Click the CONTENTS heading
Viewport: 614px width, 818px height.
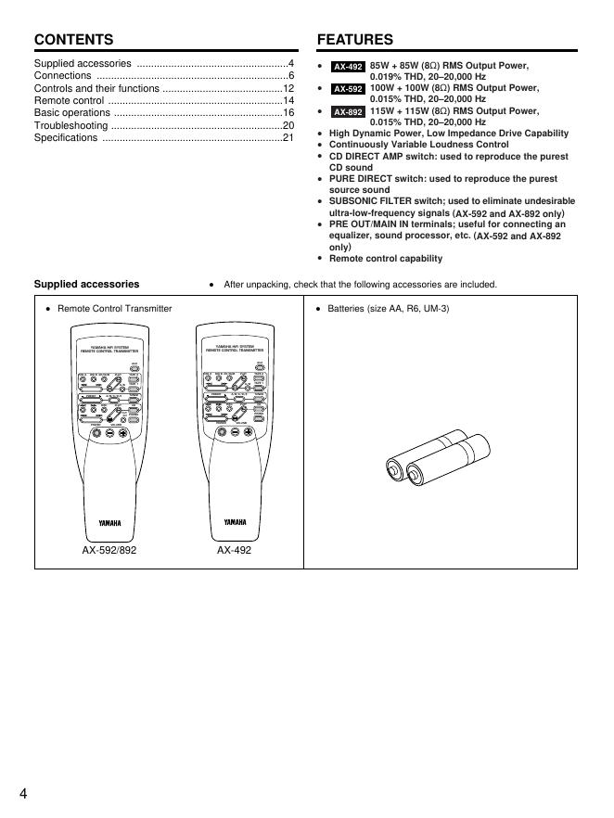pos(73,40)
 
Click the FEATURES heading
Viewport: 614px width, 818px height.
pos(354,40)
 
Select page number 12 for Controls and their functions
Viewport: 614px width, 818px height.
pos(288,88)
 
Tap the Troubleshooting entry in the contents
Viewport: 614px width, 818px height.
pos(70,125)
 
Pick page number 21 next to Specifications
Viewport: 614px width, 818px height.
pos(288,138)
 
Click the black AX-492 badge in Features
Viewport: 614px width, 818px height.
pos(348,67)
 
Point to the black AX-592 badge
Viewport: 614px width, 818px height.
pos(348,89)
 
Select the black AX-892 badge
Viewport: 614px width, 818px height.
pos(348,111)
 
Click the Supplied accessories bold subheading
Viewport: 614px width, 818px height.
pos(86,285)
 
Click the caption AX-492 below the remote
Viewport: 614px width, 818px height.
pos(234,550)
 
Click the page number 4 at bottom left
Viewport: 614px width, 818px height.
pos(22,793)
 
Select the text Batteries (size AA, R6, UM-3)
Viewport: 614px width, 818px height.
pos(388,308)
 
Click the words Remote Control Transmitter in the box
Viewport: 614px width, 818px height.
pos(114,308)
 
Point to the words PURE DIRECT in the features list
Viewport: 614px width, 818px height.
pos(360,179)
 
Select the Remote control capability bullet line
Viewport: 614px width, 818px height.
pos(386,259)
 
